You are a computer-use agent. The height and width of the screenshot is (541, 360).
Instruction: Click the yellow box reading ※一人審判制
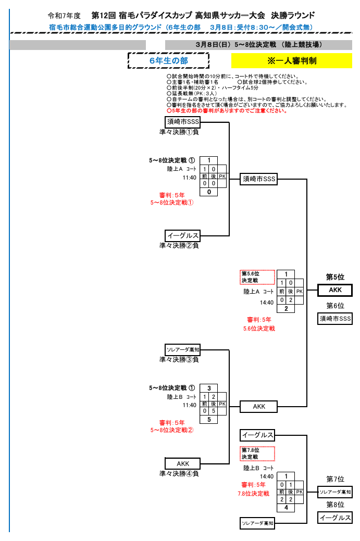pyautogui.click(x=292, y=61)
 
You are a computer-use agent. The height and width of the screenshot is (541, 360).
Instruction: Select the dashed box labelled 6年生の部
pyautogui.click(x=168, y=61)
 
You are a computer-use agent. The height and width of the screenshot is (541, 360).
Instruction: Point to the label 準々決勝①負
pyautogui.click(x=179, y=132)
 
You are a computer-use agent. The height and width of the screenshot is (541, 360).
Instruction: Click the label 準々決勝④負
pyautogui.click(x=179, y=474)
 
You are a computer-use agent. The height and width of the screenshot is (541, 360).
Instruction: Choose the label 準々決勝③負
pyautogui.click(x=179, y=359)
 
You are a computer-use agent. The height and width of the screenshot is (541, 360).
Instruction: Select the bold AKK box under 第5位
pyautogui.click(x=335, y=290)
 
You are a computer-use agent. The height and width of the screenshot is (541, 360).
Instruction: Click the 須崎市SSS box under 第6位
pyautogui.click(x=335, y=319)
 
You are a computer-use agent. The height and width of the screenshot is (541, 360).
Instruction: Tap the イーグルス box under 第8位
pyautogui.click(x=335, y=518)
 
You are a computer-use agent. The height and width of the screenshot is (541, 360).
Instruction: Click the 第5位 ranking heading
pyautogui.click(x=335, y=277)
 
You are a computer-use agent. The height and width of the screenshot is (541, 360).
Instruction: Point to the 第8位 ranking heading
pyautogui.click(x=335, y=505)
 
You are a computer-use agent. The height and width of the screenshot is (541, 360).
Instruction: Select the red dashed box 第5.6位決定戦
pyautogui.click(x=257, y=277)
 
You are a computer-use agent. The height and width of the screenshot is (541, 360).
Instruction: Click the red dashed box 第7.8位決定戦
pyautogui.click(x=257, y=454)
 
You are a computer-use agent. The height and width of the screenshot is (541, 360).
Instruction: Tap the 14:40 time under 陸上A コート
pyautogui.click(x=267, y=302)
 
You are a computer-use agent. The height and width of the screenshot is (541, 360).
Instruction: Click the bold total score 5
pyautogui.click(x=209, y=420)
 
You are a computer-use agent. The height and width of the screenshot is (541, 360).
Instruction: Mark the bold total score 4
pyautogui.click(x=286, y=508)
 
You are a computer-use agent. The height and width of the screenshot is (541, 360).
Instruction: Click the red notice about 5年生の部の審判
pyautogui.click(x=227, y=110)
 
